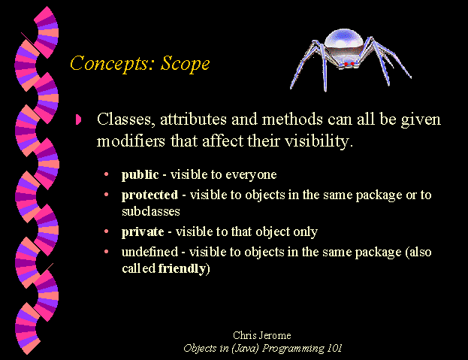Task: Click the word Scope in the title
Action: pos(186,64)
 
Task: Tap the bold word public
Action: pos(140,175)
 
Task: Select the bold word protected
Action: pos(149,195)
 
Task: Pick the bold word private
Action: pos(143,232)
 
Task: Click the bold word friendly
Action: pos(182,268)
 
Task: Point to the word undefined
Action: pos(149,252)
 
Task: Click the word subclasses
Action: pos(151,211)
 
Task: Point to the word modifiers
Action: pos(131,141)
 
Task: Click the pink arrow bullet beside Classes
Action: pos(78,119)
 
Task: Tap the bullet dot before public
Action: pos(106,174)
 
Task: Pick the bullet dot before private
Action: pos(106,231)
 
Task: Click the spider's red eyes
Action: pos(349,64)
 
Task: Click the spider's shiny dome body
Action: pos(344,41)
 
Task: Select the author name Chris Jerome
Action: pos(262,335)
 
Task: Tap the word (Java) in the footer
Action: pos(245,349)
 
